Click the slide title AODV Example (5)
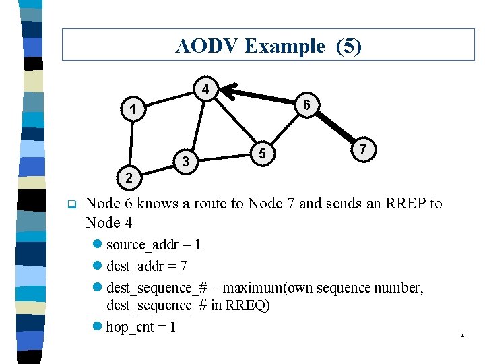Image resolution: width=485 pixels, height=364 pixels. (268, 46)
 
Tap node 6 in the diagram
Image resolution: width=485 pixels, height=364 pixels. (306, 105)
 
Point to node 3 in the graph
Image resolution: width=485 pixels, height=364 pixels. (185, 161)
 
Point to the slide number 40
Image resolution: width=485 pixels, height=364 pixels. (464, 336)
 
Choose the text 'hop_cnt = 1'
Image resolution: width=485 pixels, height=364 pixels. (141, 328)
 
